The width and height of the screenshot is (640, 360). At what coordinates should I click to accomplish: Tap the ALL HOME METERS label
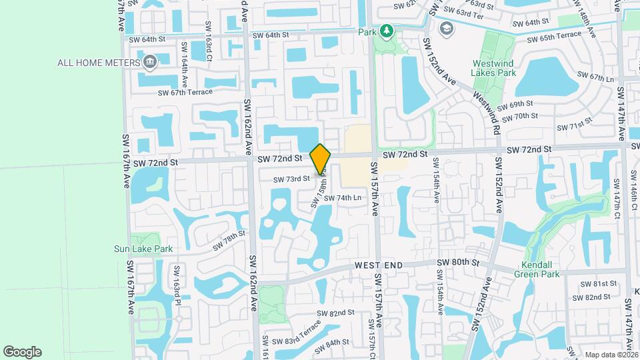pyautogui.click(x=97, y=63)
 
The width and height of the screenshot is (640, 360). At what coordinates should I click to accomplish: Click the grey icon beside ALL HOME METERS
pyautogui.click(x=150, y=63)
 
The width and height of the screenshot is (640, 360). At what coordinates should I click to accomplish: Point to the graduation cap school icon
pyautogui.click(x=445, y=29)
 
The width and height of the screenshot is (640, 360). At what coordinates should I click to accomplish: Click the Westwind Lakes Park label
pyautogui.click(x=494, y=67)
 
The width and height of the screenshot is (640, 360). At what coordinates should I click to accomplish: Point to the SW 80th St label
pyautogui.click(x=458, y=263)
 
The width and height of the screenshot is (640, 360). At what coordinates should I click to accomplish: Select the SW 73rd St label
pyautogui.click(x=291, y=179)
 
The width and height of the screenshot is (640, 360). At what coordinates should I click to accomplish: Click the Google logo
pyautogui.click(x=22, y=351)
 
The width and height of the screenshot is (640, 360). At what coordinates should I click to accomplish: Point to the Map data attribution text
pyautogui.click(x=611, y=355)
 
